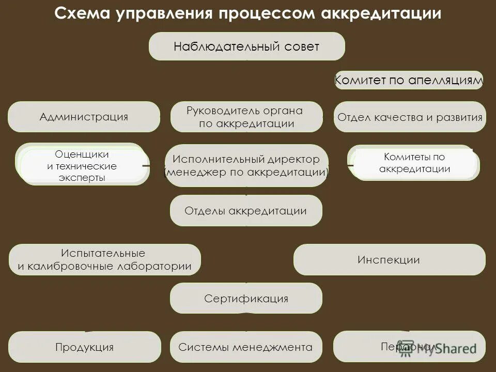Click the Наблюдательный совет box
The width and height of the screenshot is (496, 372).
point(246,47)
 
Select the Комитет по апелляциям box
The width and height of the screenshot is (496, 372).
point(409,80)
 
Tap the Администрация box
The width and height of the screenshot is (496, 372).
point(84,117)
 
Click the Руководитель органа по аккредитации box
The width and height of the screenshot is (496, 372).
point(246,117)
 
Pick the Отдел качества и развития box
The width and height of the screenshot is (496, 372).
point(410,117)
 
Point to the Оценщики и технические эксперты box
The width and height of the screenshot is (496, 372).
point(82,165)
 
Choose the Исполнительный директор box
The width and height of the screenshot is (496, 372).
point(246,166)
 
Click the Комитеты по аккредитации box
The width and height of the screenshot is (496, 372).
point(414,163)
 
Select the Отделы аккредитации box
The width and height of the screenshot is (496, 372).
point(246,210)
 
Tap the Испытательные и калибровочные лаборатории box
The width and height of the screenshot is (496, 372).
point(104,260)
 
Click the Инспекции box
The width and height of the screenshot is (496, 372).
point(389,260)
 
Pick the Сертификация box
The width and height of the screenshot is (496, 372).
point(246,298)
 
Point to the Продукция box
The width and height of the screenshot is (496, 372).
point(85,347)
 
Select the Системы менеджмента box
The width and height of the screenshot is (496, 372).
point(245,347)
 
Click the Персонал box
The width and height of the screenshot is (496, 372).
point(409,346)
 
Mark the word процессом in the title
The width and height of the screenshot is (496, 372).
point(266,14)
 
